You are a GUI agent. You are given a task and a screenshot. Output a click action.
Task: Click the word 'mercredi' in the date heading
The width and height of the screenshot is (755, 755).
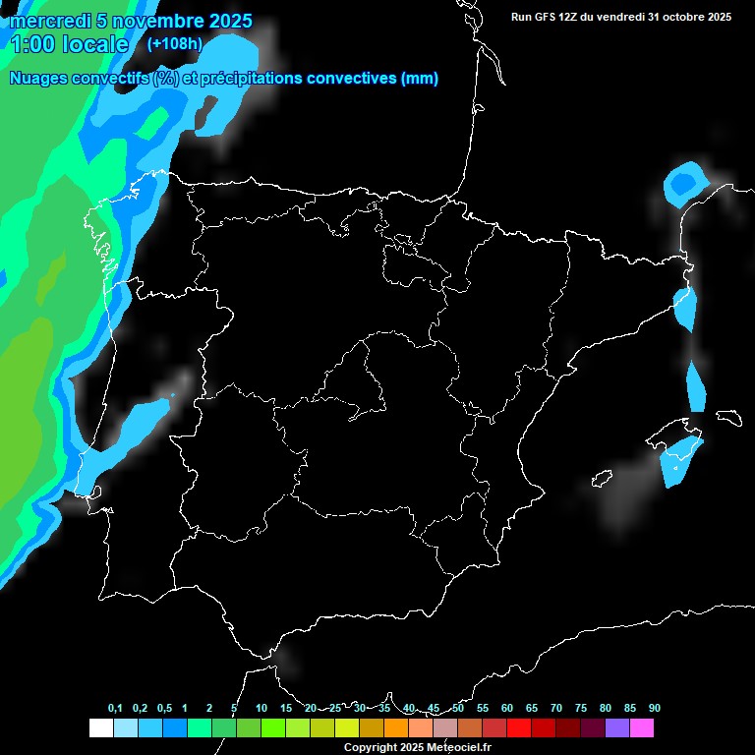pos(50,21)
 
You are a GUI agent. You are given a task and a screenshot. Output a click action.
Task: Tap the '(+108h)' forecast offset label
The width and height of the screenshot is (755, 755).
pos(174,43)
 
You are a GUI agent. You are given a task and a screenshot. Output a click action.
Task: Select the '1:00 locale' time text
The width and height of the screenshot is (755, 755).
pos(69,44)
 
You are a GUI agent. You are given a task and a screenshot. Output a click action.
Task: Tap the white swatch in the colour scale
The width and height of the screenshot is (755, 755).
pos(100,728)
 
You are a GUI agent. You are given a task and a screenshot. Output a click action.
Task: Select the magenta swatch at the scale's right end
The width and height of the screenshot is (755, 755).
pos(642,728)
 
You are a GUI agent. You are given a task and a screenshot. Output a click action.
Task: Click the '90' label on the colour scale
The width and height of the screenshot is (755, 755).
pos(655,708)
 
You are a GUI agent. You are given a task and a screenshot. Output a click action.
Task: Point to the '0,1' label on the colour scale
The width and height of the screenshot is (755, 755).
pos(115,708)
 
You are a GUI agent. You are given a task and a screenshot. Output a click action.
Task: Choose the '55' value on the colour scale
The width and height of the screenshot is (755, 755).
pos(483,708)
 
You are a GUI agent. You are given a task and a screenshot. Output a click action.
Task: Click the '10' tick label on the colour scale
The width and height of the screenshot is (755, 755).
pos(261,708)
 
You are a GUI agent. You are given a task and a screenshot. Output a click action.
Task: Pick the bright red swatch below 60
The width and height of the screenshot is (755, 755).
pos(518,728)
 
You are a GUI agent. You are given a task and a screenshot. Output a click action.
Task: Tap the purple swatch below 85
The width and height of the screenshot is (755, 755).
pos(617,728)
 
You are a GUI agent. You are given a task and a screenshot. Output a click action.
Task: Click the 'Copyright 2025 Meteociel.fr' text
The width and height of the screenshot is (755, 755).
pos(417,747)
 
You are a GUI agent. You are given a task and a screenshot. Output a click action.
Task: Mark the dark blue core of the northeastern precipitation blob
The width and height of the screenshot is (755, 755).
pos(681,183)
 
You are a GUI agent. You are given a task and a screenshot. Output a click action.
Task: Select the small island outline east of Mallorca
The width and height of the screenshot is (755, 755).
pos(728,417)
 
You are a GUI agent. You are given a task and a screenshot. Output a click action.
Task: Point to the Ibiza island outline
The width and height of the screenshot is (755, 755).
pos(602,479)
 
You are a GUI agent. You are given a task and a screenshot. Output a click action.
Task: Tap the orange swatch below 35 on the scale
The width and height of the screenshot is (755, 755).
pos(395,728)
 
